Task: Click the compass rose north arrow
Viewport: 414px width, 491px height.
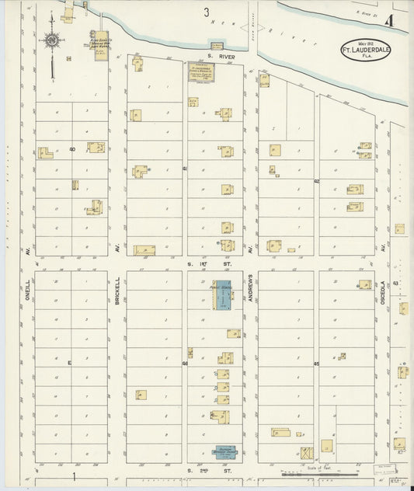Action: tap(51, 40)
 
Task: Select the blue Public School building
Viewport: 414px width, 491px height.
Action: tap(223, 295)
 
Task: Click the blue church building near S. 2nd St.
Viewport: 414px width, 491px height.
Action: tap(225, 451)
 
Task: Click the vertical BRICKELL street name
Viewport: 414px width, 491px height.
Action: tap(117, 289)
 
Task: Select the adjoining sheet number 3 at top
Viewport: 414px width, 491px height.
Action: tap(207, 12)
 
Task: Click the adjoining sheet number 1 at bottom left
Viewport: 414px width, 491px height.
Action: tap(75, 475)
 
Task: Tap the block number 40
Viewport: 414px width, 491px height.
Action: tap(72, 148)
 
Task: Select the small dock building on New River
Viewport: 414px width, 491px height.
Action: tap(217, 45)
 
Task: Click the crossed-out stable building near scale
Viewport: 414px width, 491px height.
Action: tap(307, 451)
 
